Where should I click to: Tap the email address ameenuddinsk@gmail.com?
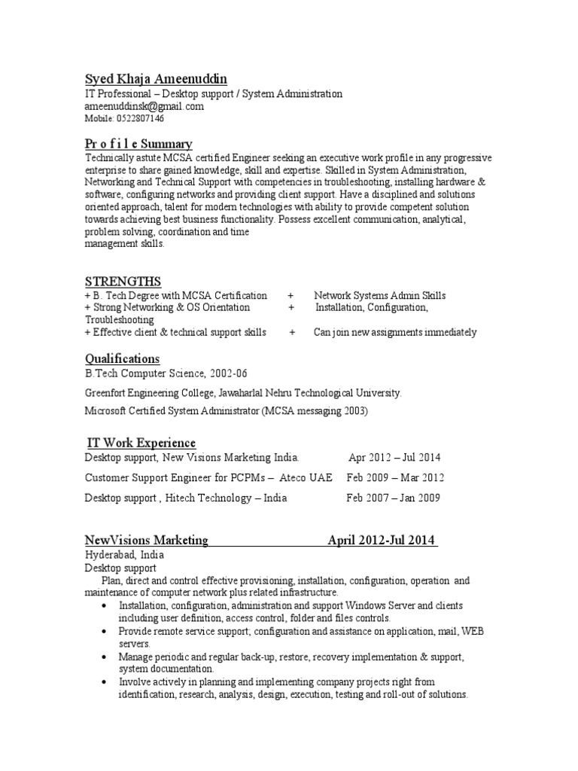point(144,107)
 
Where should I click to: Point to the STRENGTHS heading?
point(123,282)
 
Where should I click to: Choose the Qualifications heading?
point(122,358)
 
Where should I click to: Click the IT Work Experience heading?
point(140,443)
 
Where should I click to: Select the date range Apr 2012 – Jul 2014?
point(395,457)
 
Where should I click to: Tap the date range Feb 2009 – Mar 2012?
point(395,477)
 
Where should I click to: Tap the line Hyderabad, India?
point(124,555)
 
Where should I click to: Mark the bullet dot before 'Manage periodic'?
point(102,657)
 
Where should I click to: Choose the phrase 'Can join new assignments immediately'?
point(395,332)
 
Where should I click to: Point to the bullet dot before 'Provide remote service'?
point(102,632)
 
